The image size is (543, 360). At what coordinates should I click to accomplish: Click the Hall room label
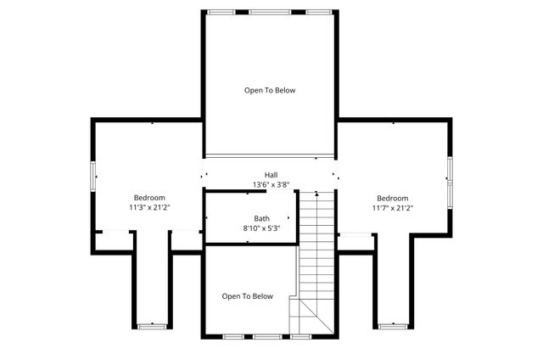click(271, 176)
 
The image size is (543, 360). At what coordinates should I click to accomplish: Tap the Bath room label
click(262, 218)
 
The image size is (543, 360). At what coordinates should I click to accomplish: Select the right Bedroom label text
click(393, 197)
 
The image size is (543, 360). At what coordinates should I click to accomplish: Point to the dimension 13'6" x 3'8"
click(271, 185)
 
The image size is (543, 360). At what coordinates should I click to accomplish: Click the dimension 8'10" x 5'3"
click(261, 228)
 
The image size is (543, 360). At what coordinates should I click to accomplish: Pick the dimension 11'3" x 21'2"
click(150, 206)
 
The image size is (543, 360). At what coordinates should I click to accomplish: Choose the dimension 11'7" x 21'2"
click(394, 206)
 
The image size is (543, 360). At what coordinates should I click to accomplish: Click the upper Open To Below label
click(270, 90)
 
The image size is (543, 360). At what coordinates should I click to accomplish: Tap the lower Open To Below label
click(248, 296)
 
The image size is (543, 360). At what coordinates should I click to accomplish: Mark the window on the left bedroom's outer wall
click(93, 175)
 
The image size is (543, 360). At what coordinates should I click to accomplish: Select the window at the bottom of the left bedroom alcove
click(153, 325)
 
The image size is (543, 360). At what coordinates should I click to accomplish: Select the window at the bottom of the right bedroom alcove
click(393, 325)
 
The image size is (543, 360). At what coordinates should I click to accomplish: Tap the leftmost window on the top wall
click(222, 12)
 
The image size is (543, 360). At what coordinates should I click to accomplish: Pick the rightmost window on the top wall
click(318, 12)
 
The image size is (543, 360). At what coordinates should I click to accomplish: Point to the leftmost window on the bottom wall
click(233, 337)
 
